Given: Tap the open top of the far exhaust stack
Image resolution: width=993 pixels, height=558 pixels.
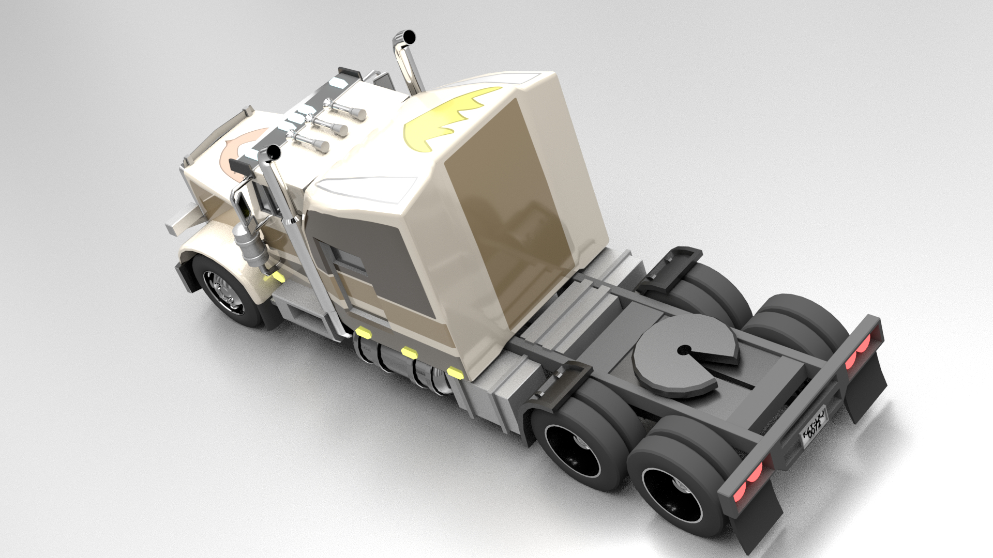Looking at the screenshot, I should click(410, 37).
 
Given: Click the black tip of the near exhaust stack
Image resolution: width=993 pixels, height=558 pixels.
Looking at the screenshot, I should click(273, 152).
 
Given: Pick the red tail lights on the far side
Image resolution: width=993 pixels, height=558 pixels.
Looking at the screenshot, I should click(859, 352).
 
